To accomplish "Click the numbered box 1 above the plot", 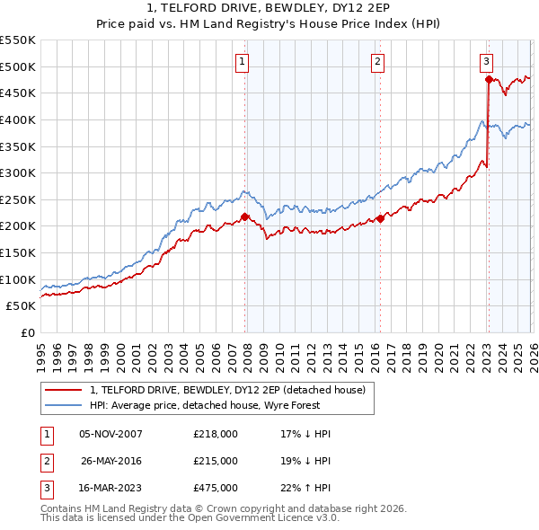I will click(243, 61).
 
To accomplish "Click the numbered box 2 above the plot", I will click(377, 61).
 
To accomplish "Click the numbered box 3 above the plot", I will click(486, 61).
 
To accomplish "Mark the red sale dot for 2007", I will click(244, 216).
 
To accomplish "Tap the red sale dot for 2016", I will click(380, 218).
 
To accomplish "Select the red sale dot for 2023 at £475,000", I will click(488, 79).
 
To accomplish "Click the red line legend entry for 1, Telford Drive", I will click(227, 390).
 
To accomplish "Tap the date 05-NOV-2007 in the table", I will click(110, 434).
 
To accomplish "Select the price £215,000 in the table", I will click(216, 461).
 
